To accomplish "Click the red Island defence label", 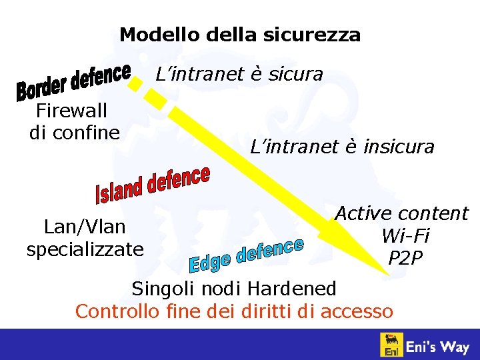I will (x=153, y=186).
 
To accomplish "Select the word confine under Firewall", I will (x=87, y=132).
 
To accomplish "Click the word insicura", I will (x=399, y=147).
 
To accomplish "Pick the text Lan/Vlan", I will (x=85, y=227).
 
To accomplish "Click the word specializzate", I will (x=85, y=249).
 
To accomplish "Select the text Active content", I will (x=401, y=213).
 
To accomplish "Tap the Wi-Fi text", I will (x=405, y=235).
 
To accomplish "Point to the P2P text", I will (x=405, y=257).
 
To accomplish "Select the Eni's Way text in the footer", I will (x=438, y=347).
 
